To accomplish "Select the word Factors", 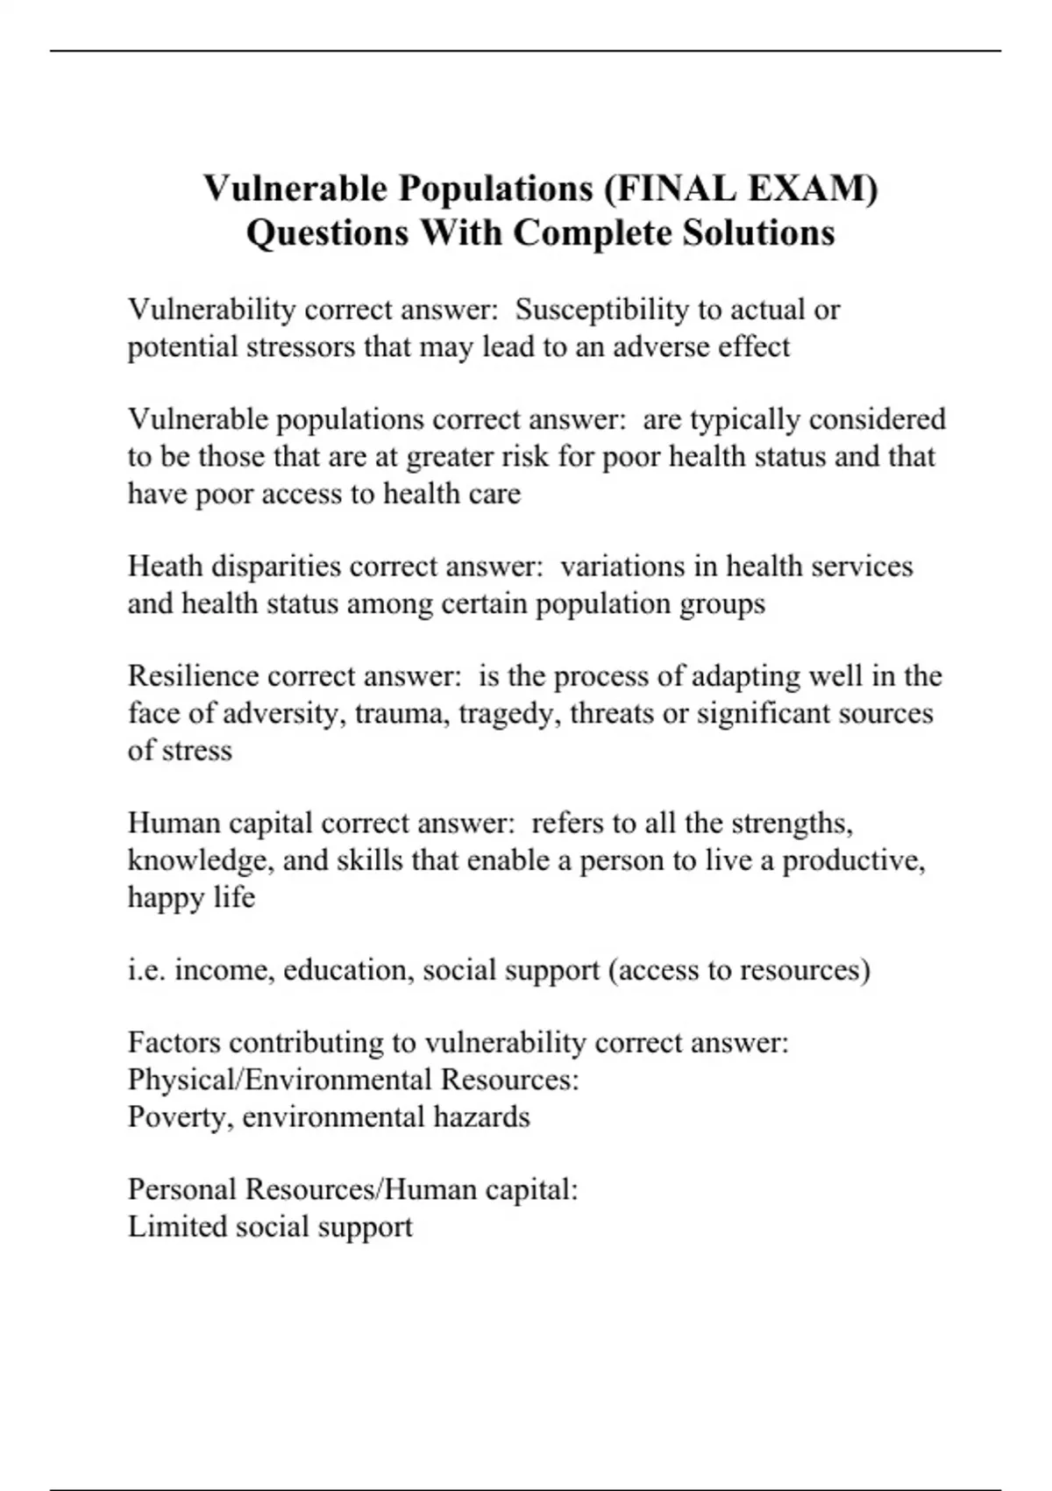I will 174,1043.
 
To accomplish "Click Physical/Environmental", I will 280,1080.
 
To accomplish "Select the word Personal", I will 182,1189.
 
